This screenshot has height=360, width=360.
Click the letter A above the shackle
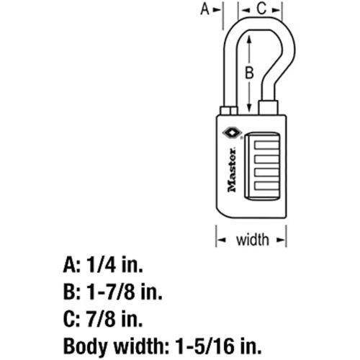205,9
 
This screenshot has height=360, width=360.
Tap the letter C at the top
261,9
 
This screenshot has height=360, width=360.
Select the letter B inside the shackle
249,73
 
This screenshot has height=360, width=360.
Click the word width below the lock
253,240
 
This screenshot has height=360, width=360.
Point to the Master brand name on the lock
232,170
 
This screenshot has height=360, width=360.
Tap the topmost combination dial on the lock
266,146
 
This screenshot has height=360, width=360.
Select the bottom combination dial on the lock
266,186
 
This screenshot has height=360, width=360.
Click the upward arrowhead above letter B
249,39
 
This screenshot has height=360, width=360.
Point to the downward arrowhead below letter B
249,107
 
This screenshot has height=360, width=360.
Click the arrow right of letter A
217,10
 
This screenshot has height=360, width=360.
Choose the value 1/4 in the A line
102,265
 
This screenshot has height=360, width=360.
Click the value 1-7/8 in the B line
110,292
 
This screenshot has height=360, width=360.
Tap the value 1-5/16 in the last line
204,346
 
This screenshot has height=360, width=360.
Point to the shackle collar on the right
269,107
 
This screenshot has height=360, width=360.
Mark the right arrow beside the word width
280,240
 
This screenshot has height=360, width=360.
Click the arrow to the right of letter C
276,10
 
